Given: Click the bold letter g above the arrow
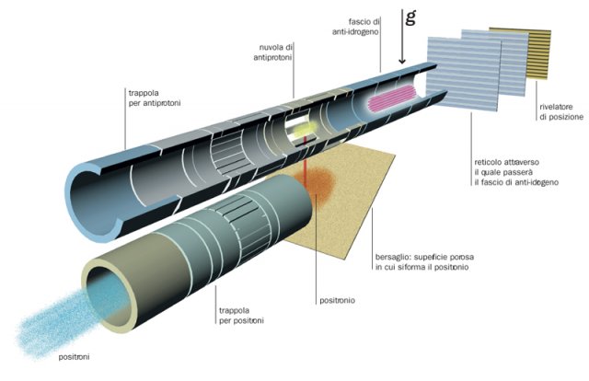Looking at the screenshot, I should (410, 16).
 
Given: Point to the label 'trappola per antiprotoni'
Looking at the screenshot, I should (154, 98).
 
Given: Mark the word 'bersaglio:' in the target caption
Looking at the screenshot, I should (393, 256).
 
